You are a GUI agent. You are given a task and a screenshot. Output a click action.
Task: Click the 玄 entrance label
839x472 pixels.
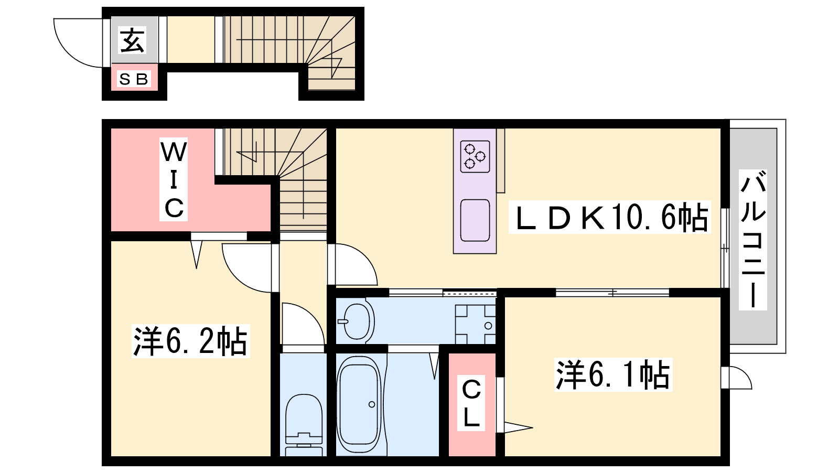coord(132,40)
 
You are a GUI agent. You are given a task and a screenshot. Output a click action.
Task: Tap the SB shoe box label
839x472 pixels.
coord(134,79)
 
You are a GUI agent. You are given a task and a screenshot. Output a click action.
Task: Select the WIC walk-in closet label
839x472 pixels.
coord(174,179)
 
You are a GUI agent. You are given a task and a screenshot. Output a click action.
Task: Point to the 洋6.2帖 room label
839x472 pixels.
coord(191,341)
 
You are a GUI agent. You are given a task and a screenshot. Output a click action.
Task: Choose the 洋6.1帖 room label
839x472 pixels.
coord(613,374)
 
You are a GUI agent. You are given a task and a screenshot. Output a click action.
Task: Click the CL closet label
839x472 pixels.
coord(471,403)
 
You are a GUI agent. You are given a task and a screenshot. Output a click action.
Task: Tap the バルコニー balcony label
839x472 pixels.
coord(753,240)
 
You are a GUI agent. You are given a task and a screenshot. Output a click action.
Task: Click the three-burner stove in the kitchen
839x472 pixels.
coord(475,157)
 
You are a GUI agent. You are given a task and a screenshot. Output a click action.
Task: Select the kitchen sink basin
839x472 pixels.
coord(475,221)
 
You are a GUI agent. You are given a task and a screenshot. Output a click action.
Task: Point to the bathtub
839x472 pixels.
coord(359,405)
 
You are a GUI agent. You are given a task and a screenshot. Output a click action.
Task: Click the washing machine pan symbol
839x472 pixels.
coord(476,325)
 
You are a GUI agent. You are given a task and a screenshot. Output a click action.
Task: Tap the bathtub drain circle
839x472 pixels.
coord(372,404)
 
